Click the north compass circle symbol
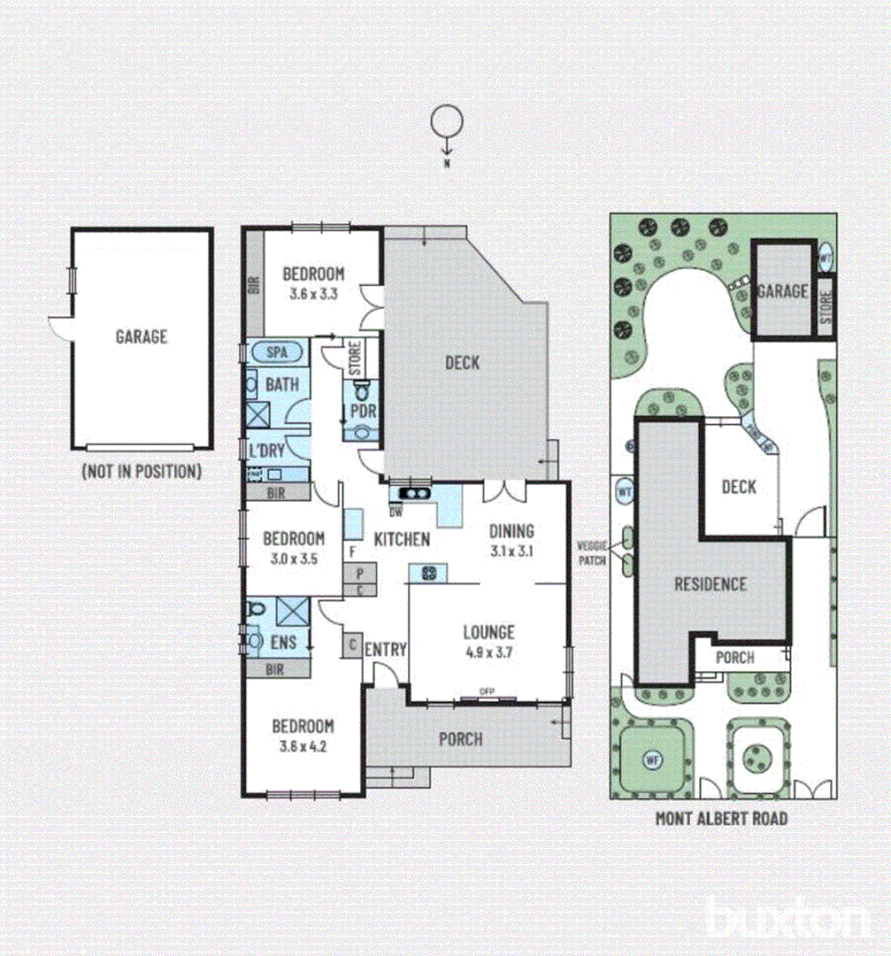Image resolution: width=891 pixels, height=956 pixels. point(446,121)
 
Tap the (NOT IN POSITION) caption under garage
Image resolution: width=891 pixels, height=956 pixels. point(142,472)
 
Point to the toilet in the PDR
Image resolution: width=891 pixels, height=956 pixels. point(360,390)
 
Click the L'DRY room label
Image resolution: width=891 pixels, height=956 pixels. point(267,451)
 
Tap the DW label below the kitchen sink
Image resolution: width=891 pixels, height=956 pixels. point(396,511)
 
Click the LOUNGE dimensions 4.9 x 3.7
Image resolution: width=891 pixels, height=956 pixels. point(488,653)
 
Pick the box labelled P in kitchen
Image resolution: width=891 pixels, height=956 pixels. point(360,573)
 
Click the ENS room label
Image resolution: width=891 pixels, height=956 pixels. point(283,642)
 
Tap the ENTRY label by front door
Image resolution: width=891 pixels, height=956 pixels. point(386,651)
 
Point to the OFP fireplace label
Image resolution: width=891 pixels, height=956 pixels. point(486,691)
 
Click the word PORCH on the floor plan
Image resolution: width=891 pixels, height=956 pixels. point(461,738)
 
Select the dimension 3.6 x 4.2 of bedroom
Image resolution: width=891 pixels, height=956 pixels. point(303,745)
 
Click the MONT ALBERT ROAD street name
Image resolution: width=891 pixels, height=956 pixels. point(721,819)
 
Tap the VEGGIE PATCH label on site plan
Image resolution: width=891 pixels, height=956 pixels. point(592,553)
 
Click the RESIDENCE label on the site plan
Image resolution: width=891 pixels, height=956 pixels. point(710,584)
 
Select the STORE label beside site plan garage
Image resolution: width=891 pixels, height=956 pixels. point(826,306)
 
